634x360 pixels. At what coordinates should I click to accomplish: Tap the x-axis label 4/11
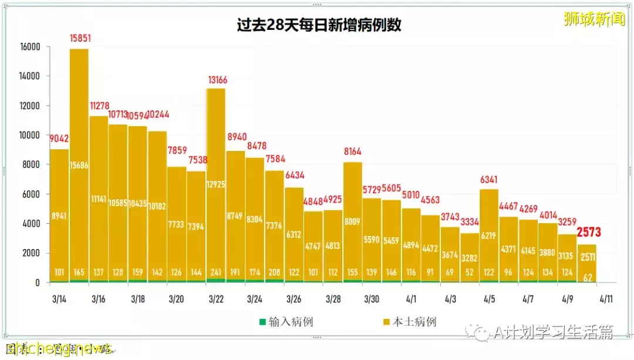pos(606,299)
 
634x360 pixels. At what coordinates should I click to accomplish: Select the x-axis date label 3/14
pos(59,299)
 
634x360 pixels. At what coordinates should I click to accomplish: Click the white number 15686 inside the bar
pos(79,166)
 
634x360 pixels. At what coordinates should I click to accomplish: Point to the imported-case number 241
pos(216,272)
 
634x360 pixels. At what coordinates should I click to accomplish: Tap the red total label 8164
pos(353,152)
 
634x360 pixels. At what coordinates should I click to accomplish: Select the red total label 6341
pos(490,179)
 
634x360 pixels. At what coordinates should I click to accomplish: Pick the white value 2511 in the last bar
pos(588,256)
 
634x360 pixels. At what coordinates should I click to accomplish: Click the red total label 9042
pos(59,139)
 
